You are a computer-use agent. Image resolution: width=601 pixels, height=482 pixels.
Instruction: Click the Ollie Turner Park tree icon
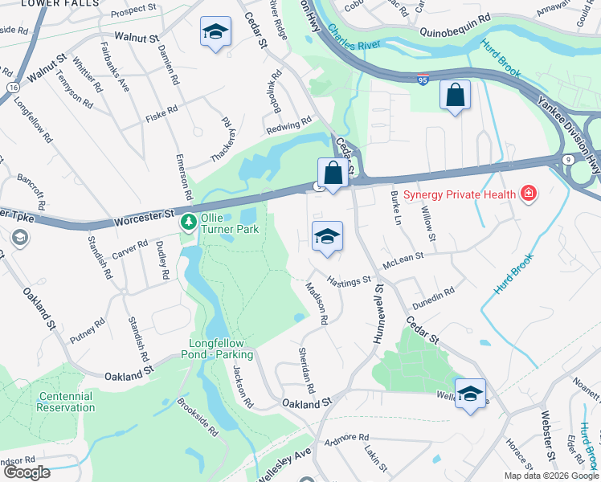190,221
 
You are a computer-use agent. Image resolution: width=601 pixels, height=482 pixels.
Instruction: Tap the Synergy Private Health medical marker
529,194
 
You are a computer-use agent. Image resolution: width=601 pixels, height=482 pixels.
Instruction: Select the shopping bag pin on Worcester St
332,173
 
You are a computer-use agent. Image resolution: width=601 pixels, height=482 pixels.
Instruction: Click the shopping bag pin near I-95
455,95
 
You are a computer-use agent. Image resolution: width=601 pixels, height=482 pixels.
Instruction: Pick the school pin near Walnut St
215,32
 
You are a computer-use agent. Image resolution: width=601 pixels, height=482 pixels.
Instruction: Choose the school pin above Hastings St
327,237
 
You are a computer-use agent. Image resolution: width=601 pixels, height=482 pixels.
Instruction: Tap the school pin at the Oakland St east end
470,394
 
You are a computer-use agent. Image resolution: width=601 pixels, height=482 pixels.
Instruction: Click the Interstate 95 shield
423,81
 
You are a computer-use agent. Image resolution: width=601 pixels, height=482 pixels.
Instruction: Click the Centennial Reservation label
66,402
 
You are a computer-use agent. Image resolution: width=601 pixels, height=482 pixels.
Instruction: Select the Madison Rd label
316,304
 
